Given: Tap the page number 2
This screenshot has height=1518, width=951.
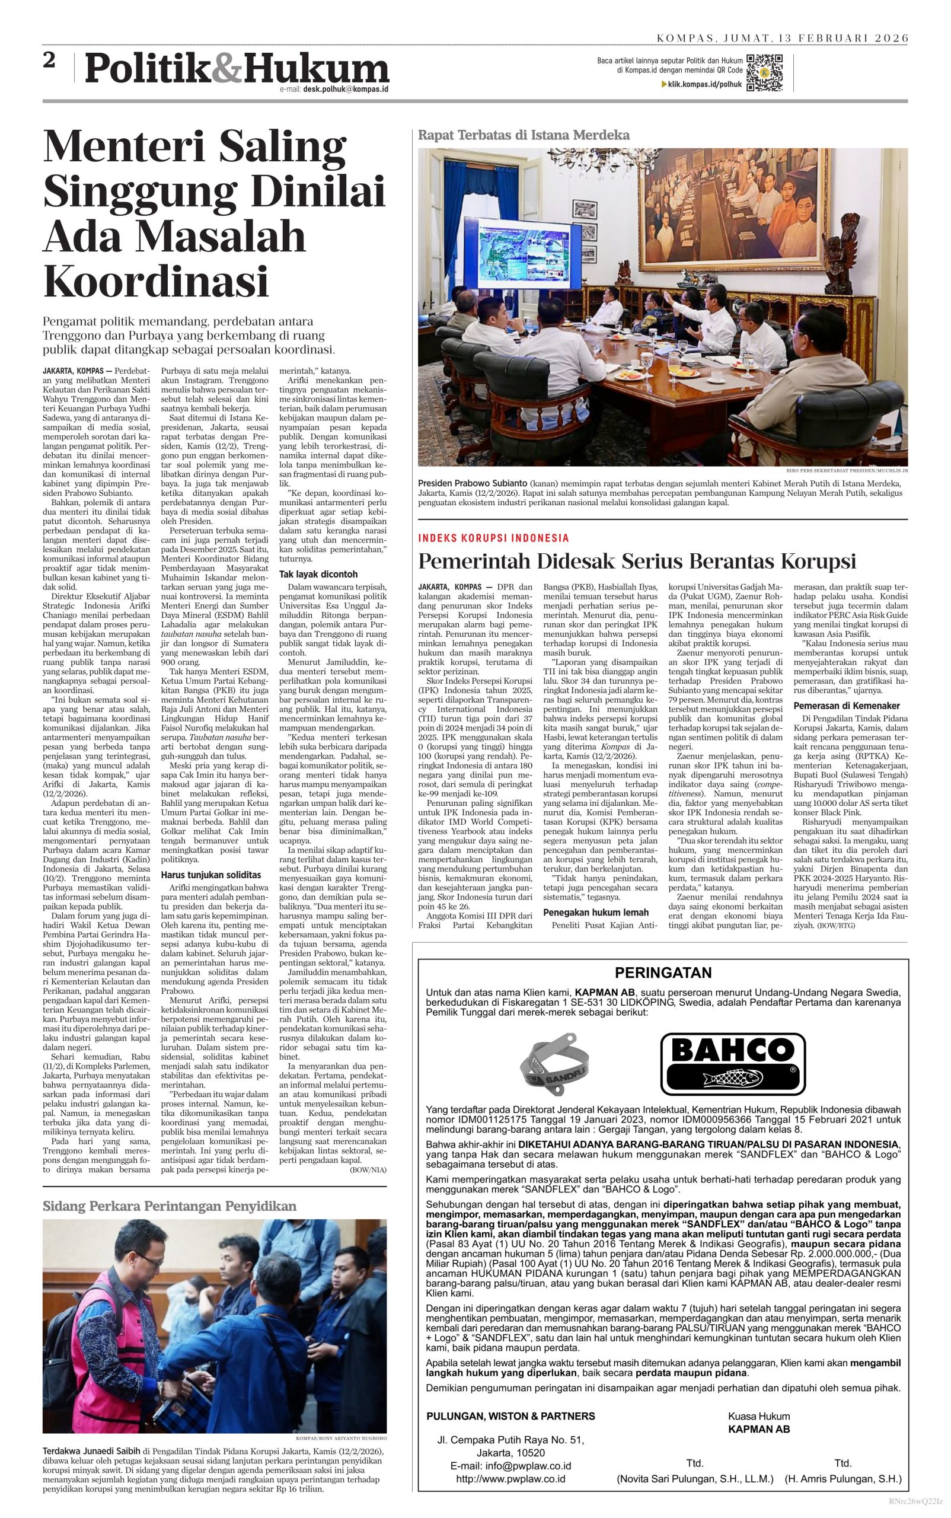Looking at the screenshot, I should point(50,61).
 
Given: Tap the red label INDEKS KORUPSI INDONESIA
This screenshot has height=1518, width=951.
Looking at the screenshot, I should point(493,538).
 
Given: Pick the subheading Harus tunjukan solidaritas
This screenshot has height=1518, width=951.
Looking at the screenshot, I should point(210,875).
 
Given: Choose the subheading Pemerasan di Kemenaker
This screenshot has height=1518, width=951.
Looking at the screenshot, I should point(846,705).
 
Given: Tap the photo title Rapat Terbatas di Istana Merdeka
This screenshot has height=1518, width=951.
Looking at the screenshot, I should point(524,135).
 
